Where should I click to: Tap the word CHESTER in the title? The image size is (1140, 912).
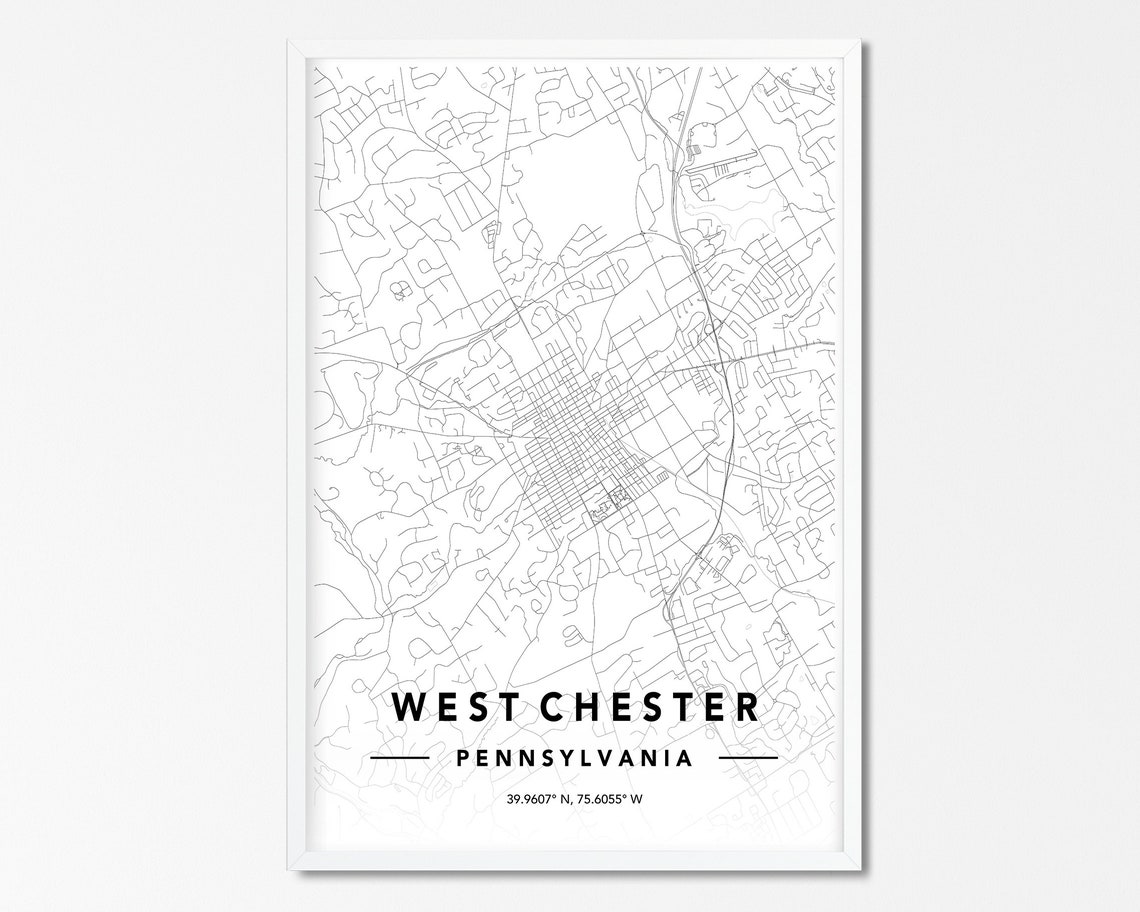[650, 707]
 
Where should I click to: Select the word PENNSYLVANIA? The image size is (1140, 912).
[574, 758]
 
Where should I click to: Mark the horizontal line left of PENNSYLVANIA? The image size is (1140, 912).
[399, 758]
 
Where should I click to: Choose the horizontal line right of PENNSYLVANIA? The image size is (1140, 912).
[748, 758]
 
